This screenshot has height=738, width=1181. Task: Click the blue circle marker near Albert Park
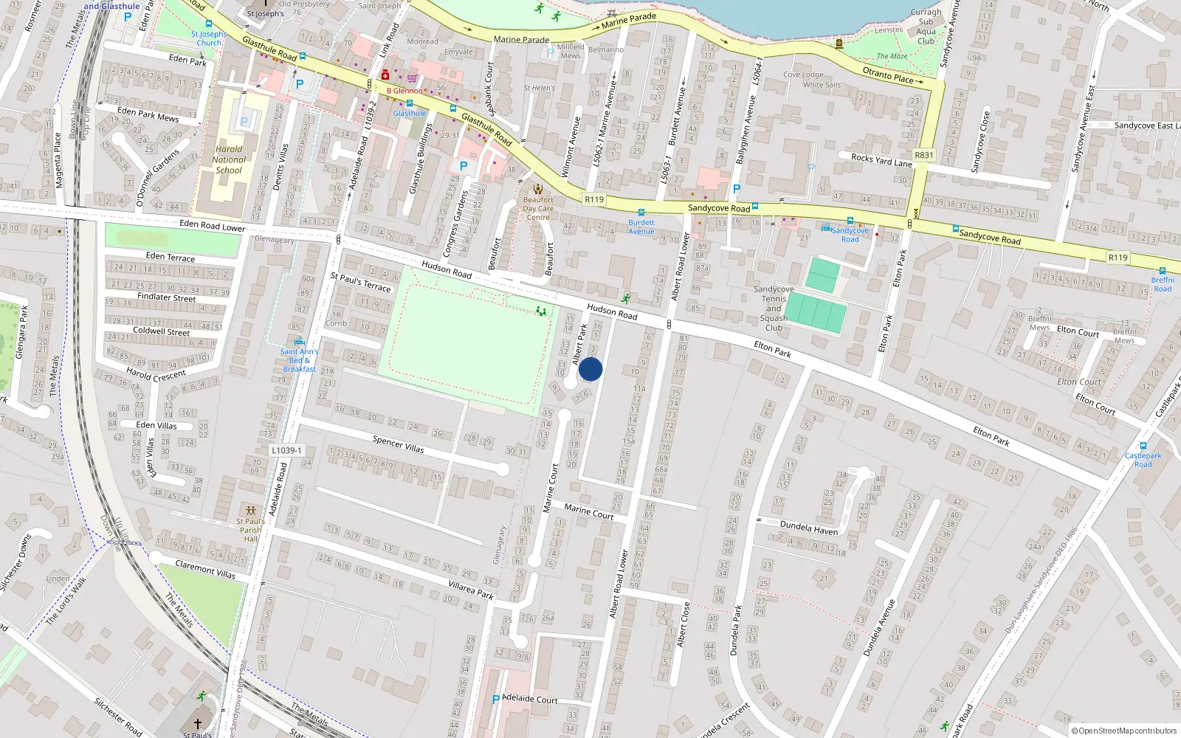590,369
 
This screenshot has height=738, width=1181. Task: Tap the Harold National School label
228,159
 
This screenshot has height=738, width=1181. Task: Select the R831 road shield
923,155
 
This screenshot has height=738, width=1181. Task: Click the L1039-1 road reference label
286,450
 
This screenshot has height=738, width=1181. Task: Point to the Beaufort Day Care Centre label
538,208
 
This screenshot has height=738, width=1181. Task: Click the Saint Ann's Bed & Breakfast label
299,360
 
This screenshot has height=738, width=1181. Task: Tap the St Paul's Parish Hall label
250,529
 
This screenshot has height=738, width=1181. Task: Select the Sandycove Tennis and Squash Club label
774,308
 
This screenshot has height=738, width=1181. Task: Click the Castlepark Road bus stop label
1143,460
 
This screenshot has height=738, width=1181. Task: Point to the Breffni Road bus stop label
1163,284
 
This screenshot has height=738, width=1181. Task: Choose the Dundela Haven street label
809,528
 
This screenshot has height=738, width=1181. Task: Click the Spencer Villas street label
398,444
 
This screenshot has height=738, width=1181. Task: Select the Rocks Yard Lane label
881,160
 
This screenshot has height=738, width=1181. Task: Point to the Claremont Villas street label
205,569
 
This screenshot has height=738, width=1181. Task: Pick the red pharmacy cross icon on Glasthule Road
385,75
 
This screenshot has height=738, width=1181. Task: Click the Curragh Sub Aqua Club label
926,27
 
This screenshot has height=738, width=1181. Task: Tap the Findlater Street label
167,297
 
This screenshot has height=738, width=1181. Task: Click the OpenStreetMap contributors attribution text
1123,731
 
